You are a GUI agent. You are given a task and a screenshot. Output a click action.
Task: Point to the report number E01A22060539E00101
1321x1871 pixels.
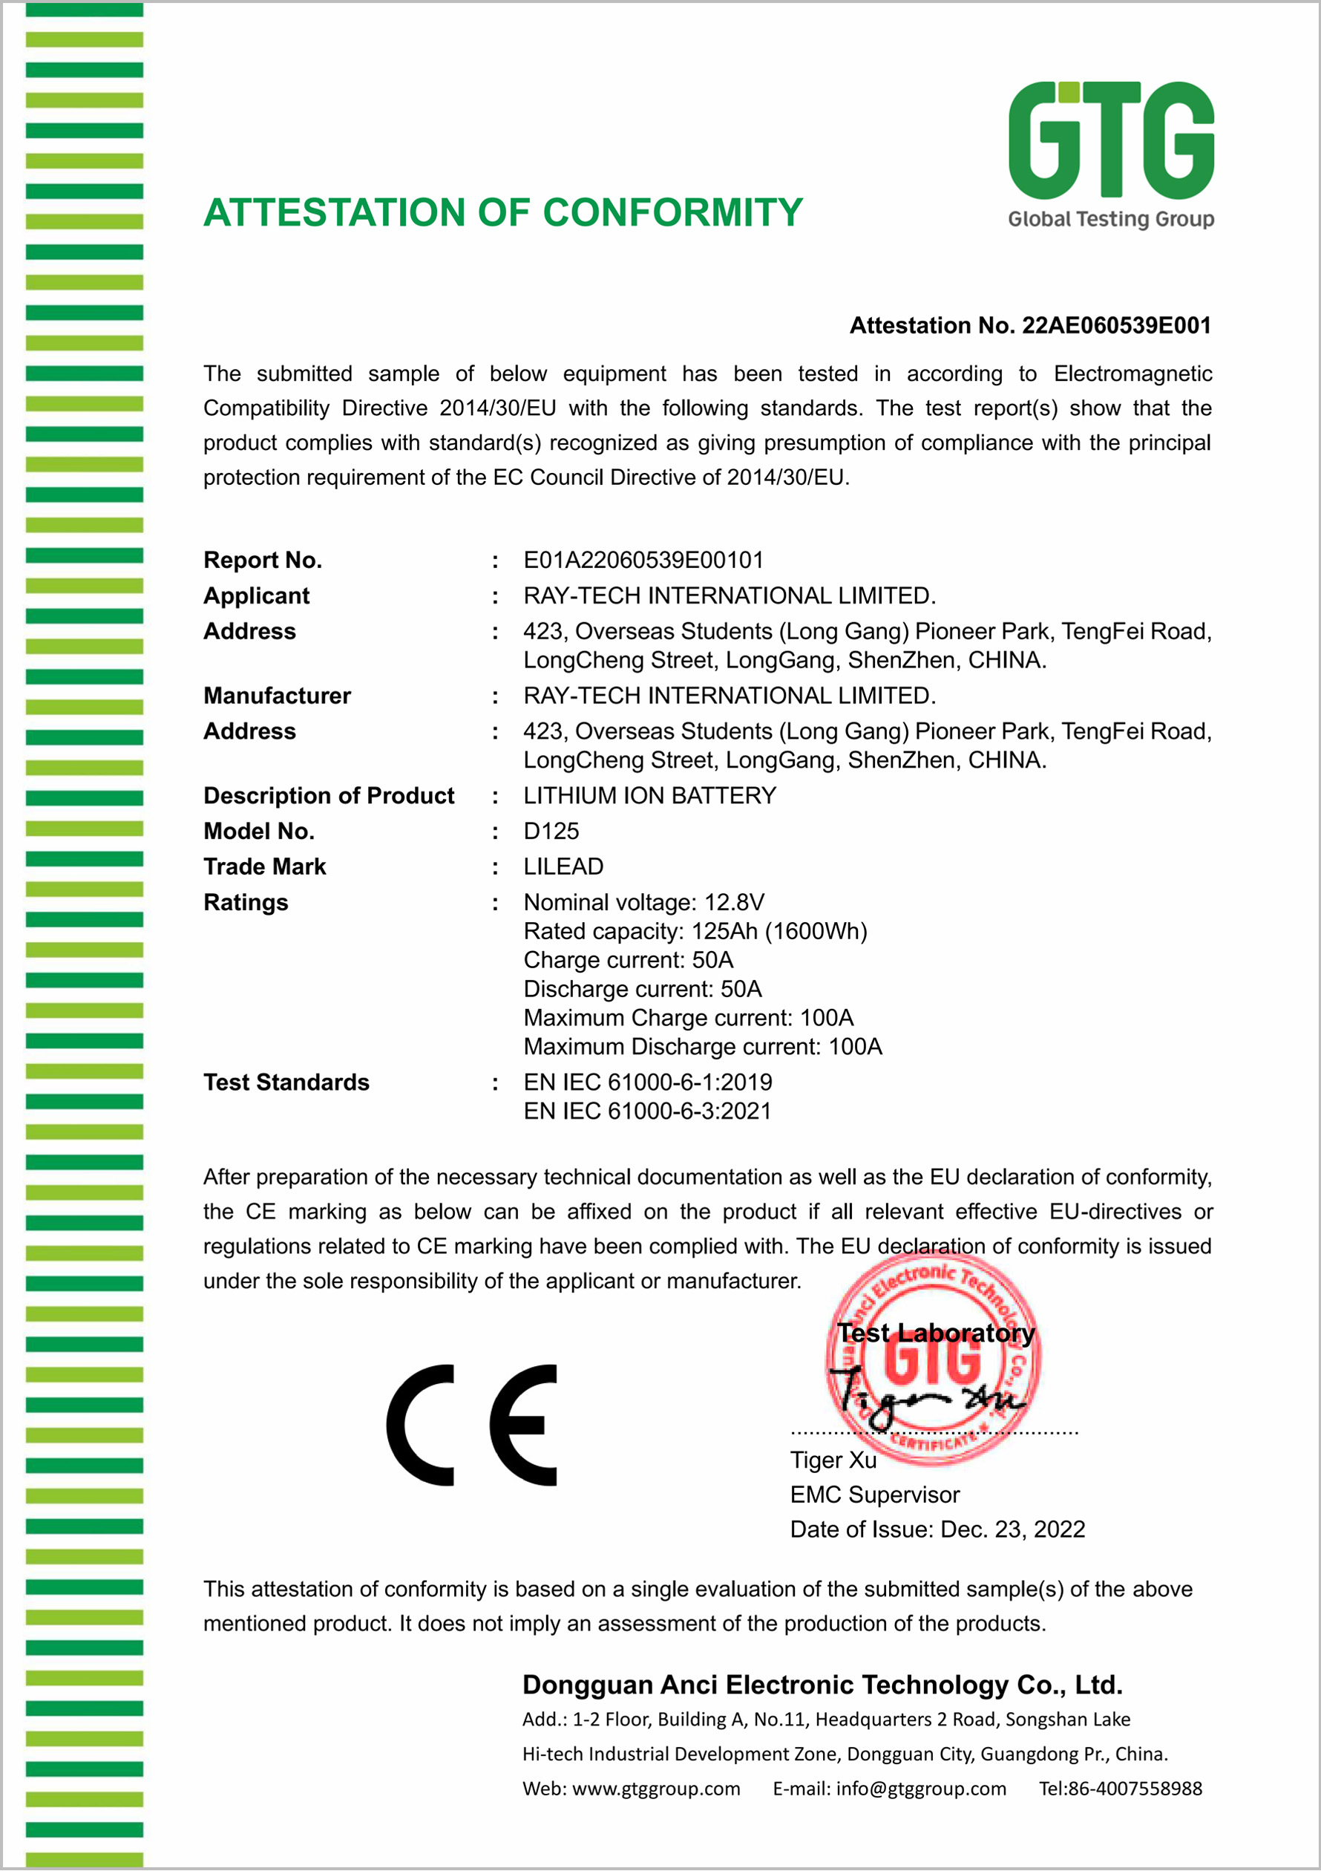coord(643,561)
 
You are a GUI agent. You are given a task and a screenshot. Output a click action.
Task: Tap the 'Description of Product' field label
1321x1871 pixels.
coord(328,796)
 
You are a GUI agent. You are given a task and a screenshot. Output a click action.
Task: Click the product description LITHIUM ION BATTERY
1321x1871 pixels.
coord(649,796)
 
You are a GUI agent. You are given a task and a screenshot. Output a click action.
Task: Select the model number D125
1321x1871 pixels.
coord(551,832)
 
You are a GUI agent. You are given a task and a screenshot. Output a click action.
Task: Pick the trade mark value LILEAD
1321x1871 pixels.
coord(563,867)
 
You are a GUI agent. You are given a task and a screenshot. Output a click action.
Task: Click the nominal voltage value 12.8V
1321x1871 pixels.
coord(734,903)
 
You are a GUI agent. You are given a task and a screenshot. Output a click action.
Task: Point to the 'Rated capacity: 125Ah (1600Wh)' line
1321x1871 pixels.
coord(695,932)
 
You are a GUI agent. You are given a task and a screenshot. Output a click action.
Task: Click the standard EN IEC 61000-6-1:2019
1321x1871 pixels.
coord(647,1083)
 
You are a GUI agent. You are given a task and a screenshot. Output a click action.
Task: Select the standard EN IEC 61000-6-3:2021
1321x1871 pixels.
coord(647,1111)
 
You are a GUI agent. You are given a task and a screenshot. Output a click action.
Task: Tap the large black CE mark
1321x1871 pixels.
coord(472,1426)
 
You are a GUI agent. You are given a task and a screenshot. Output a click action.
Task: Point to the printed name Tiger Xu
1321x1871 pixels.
coord(833,1460)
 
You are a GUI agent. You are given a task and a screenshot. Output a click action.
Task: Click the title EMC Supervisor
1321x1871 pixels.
coord(874,1495)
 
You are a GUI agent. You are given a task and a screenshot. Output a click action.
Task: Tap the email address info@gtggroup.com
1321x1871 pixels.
coord(920,1789)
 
